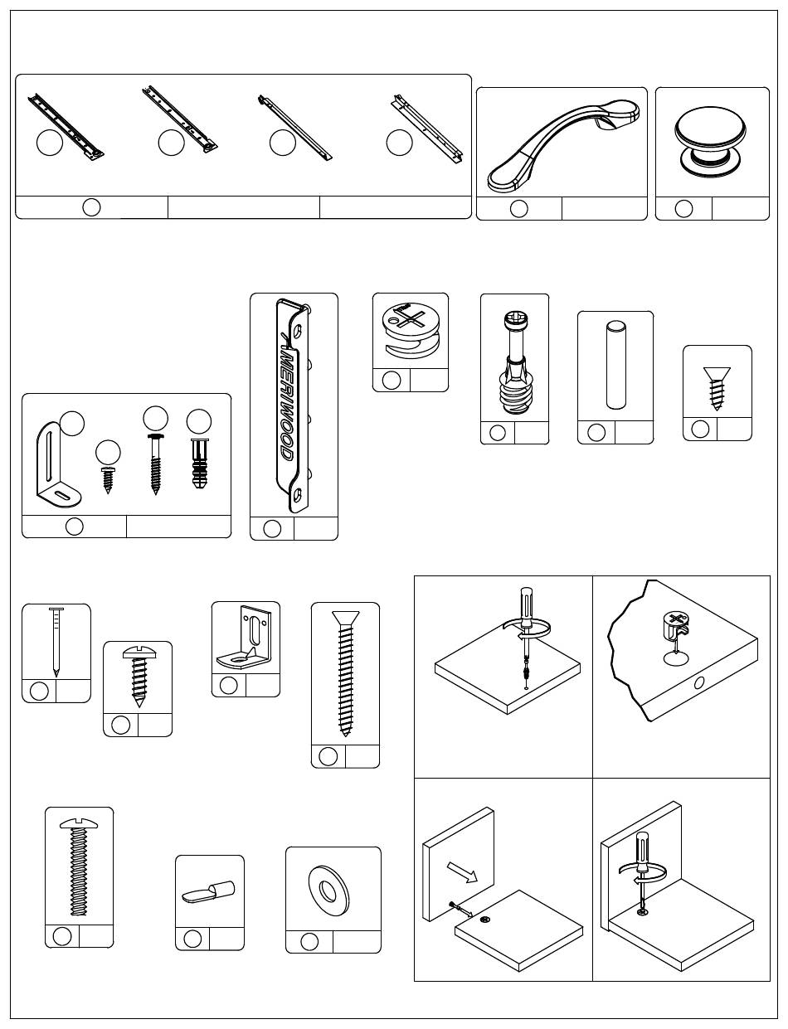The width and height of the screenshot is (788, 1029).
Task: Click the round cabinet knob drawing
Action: [710, 141]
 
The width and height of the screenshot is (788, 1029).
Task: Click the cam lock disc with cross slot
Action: [411, 329]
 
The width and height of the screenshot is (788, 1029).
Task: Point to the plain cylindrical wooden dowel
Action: [615, 365]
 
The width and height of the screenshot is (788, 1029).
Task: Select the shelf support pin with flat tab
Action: [208, 891]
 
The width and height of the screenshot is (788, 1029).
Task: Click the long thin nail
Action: [56, 642]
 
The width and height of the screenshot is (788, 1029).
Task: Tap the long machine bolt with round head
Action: [79, 867]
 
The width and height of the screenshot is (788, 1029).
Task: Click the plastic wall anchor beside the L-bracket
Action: [199, 464]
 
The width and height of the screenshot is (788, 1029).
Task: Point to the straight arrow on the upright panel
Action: [462, 872]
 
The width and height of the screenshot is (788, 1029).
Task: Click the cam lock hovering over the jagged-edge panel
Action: [678, 629]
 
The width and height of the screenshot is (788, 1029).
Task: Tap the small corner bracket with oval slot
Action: [245, 637]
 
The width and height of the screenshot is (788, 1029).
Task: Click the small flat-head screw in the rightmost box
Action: [717, 389]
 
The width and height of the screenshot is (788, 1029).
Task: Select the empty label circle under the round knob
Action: [683, 208]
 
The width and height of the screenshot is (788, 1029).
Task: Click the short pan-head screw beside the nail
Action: [138, 677]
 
